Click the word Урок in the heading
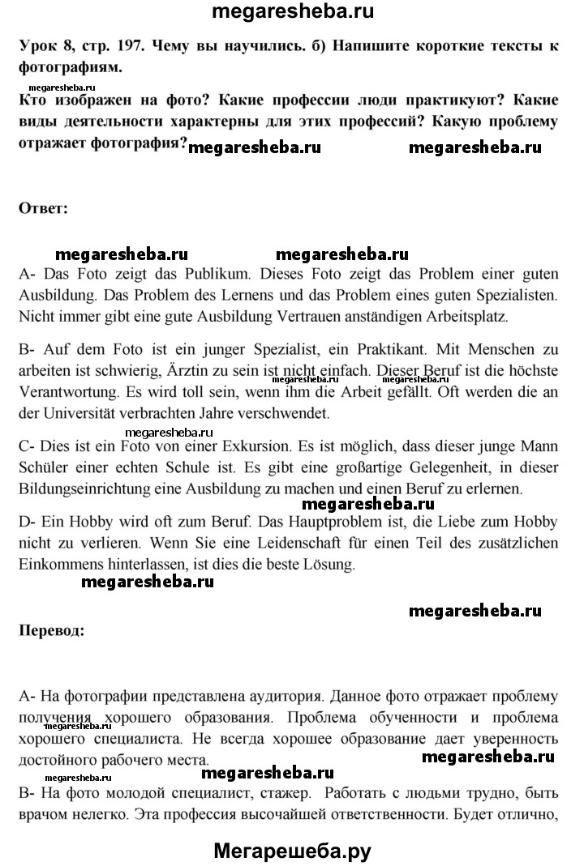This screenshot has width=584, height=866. coord(37,47)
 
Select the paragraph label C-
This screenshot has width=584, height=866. coord(27,450)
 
